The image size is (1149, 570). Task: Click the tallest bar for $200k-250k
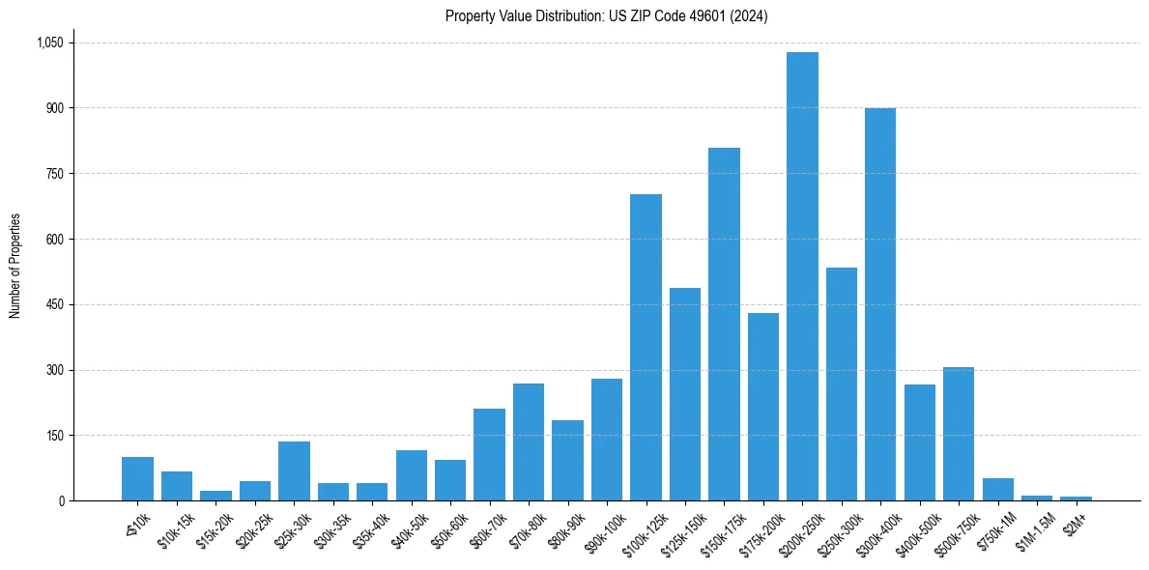pyautogui.click(x=802, y=276)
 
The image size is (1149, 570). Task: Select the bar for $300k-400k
pyautogui.click(x=880, y=304)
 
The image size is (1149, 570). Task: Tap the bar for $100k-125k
pyautogui.click(x=646, y=348)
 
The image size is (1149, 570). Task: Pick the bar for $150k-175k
pyautogui.click(x=724, y=325)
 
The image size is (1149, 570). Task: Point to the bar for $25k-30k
pyautogui.click(x=294, y=471)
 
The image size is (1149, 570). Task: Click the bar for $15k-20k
pyautogui.click(x=215, y=496)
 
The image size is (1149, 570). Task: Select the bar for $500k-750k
pyautogui.click(x=959, y=434)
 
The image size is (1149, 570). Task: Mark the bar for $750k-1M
pyautogui.click(x=997, y=490)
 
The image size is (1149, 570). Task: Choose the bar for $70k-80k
pyautogui.click(x=529, y=442)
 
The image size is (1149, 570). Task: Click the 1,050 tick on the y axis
pyautogui.click(x=49, y=43)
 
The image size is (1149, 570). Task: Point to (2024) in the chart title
pyautogui.click(x=749, y=16)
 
